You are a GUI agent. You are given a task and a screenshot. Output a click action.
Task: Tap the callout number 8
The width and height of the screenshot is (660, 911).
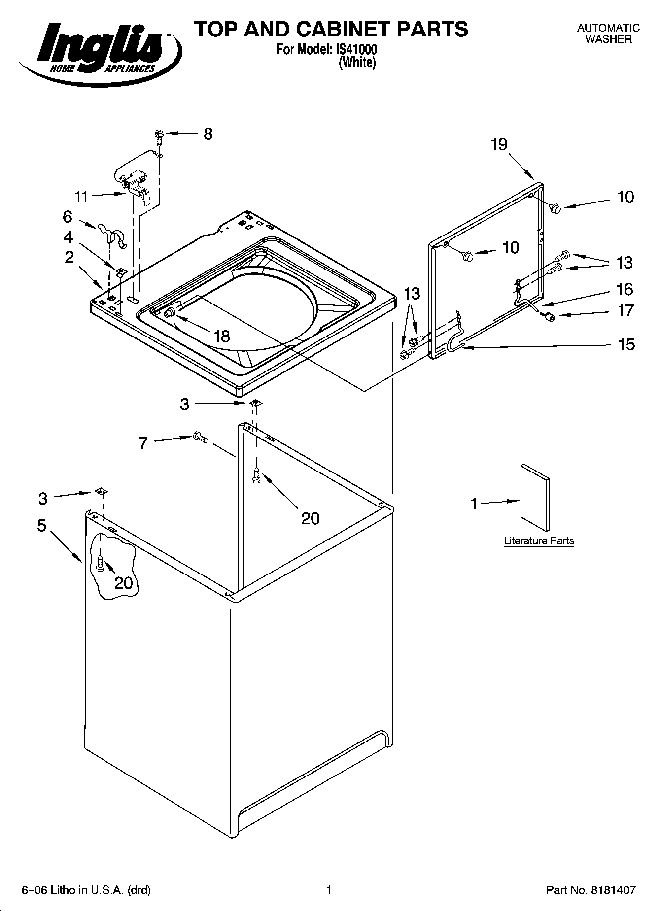pyautogui.click(x=208, y=134)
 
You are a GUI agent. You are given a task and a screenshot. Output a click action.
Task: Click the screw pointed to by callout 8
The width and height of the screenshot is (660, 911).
pyautogui.click(x=159, y=135)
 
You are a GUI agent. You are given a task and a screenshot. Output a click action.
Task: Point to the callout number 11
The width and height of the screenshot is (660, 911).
pyautogui.click(x=81, y=197)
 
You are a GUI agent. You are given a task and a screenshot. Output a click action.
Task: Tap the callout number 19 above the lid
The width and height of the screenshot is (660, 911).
pyautogui.click(x=499, y=144)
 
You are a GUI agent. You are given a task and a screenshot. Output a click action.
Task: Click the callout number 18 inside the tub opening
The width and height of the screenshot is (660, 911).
pyautogui.click(x=222, y=336)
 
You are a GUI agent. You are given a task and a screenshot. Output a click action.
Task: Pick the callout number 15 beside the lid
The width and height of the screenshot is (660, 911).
pyautogui.click(x=626, y=344)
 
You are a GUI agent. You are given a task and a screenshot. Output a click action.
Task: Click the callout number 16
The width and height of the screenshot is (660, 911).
pyautogui.click(x=625, y=289)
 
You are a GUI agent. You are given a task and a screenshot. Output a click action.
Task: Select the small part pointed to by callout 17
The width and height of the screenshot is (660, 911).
pyautogui.click(x=550, y=317)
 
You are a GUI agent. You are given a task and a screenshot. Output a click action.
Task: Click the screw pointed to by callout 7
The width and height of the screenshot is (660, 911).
pyautogui.click(x=200, y=437)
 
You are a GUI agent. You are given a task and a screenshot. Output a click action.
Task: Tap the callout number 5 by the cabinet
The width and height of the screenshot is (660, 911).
pyautogui.click(x=42, y=526)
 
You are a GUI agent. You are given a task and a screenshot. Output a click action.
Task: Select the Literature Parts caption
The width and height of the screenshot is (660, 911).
pyautogui.click(x=539, y=541)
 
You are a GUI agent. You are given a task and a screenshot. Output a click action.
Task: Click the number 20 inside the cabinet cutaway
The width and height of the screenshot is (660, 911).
pyautogui.click(x=124, y=583)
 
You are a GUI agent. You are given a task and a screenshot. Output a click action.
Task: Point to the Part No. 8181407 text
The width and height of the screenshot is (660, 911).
pyautogui.click(x=591, y=890)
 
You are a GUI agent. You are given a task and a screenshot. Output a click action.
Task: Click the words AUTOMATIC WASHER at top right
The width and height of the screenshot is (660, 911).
pyautogui.click(x=608, y=34)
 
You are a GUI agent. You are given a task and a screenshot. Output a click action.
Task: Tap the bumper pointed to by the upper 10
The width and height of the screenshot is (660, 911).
pyautogui.click(x=555, y=209)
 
